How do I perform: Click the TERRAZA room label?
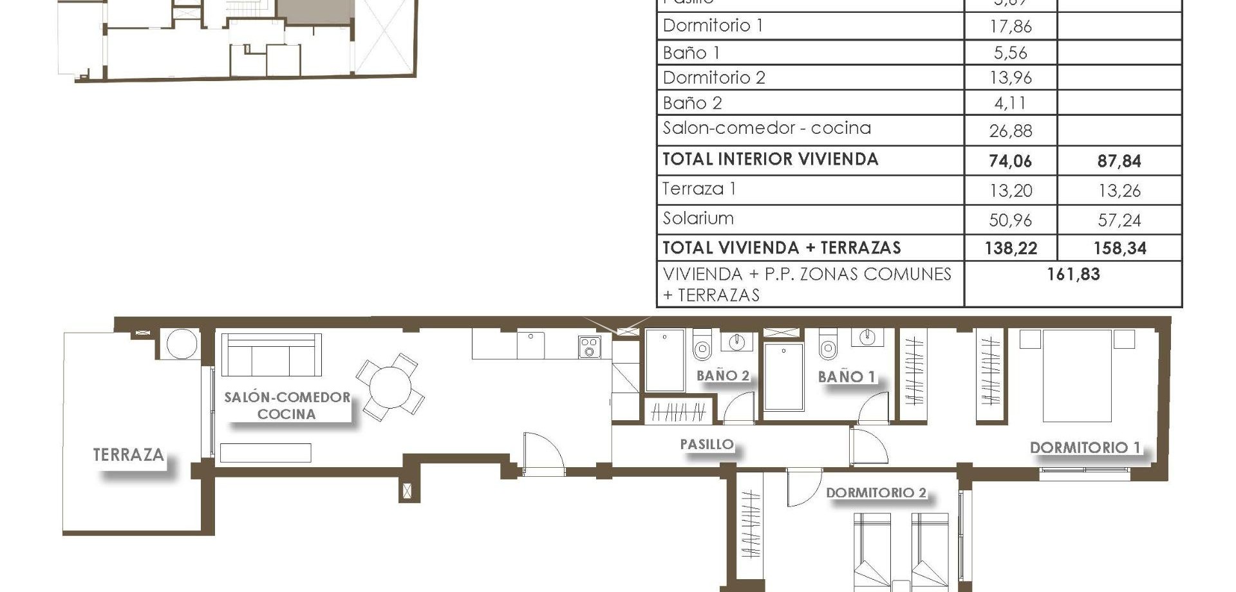tap(128, 455)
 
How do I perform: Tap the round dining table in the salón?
tap(390, 387)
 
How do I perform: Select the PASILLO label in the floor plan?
tap(707, 444)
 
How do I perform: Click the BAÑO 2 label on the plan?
tap(723, 375)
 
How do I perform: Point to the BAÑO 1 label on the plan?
tap(847, 376)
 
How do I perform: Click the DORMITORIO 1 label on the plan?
tap(1085, 447)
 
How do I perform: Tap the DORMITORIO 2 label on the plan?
tap(876, 492)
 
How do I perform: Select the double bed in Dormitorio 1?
tap(1077, 375)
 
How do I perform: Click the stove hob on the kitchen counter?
tap(589, 347)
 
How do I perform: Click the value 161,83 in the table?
tap(1073, 274)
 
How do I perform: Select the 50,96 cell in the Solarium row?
tap(1010, 220)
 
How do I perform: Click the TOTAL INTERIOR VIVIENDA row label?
tap(770, 160)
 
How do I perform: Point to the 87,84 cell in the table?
tap(1119, 161)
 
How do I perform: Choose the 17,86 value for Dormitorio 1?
tap(1010, 26)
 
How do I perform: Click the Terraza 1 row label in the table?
tap(699, 189)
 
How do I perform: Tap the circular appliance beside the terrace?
tap(182, 344)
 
